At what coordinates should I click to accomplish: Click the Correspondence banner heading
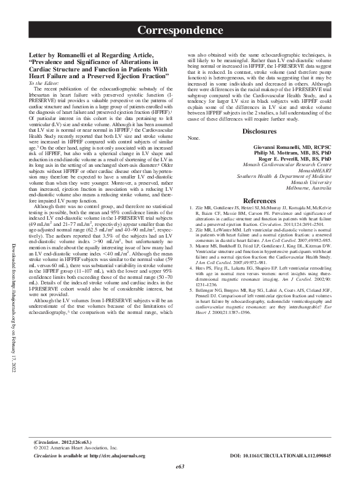(180, 30)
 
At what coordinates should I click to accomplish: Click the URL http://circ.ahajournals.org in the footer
(117, 456)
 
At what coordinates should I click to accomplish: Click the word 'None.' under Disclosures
(194, 140)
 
